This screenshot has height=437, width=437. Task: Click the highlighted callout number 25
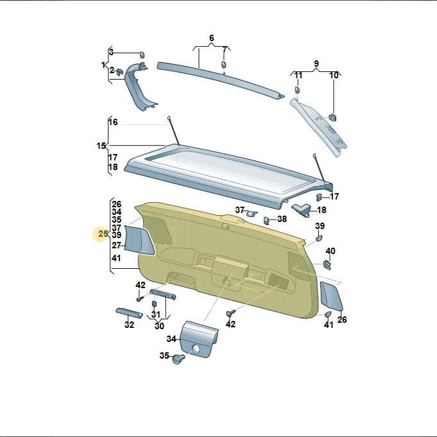click(x=103, y=234)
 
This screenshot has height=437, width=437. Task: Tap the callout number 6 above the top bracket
click(x=212, y=38)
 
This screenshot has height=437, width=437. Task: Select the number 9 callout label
click(x=316, y=64)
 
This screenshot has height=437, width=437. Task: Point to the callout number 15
click(x=101, y=146)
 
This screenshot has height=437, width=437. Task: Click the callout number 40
click(x=330, y=251)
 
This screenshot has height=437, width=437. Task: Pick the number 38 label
click(x=282, y=219)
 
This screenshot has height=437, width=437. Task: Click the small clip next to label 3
click(x=142, y=55)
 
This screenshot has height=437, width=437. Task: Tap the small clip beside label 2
click(x=120, y=71)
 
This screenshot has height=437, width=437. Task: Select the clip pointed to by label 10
click(x=332, y=117)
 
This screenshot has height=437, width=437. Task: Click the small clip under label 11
click(x=298, y=90)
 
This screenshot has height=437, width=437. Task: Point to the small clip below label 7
click(x=224, y=65)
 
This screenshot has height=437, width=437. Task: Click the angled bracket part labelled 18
click(x=301, y=210)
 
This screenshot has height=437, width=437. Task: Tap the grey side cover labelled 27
click(x=139, y=240)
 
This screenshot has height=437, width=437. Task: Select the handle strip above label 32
click(x=129, y=313)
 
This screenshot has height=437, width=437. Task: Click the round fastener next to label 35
click(x=178, y=359)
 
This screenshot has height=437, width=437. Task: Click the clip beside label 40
click(x=327, y=264)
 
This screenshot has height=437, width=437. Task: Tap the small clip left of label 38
click(x=266, y=221)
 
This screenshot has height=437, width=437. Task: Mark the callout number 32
click(x=129, y=325)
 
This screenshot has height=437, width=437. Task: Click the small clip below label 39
click(x=319, y=238)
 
